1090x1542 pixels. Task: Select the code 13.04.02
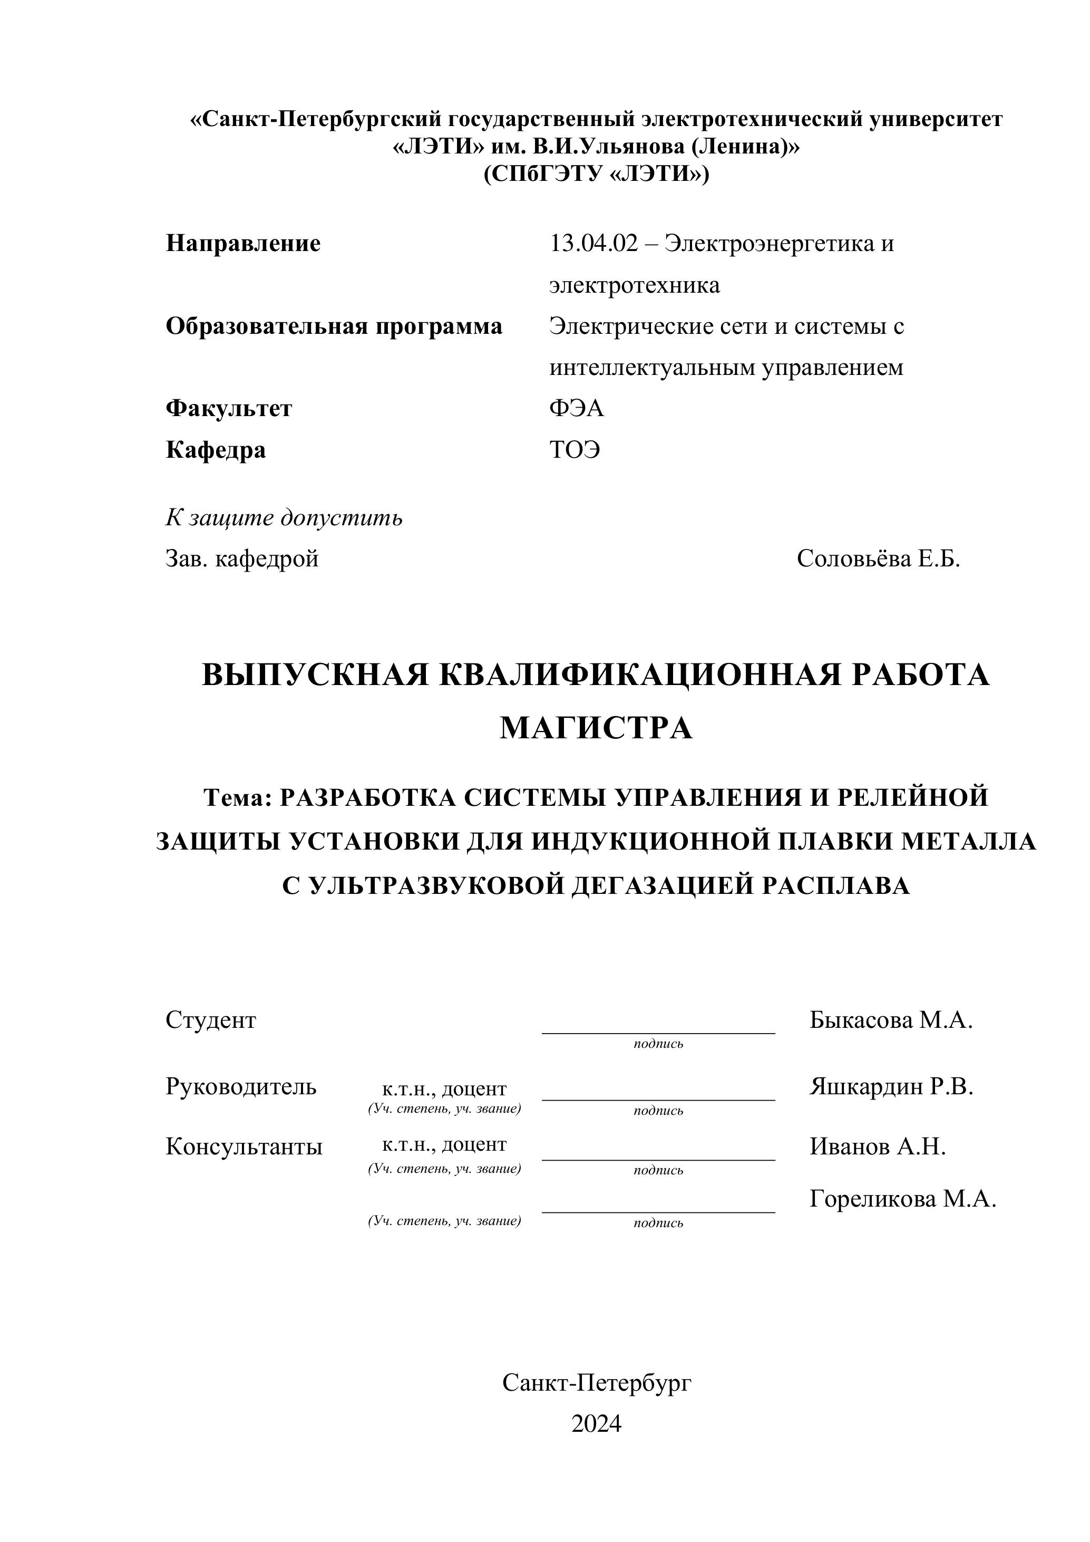coord(593,243)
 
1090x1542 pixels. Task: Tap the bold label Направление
coord(243,243)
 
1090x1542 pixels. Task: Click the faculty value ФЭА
coord(577,408)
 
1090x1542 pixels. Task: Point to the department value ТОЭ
coord(575,449)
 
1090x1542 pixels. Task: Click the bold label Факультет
coord(229,408)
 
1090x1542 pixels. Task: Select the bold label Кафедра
coord(216,449)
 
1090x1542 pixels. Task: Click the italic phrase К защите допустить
coord(284,518)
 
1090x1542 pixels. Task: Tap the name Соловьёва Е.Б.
coord(878,559)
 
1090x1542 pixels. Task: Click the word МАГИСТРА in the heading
coord(596,728)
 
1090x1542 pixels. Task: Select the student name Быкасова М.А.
coord(891,1020)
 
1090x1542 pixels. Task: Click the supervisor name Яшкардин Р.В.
coord(891,1086)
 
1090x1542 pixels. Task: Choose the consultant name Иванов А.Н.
coord(877,1146)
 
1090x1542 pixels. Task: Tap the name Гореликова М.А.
coord(903,1198)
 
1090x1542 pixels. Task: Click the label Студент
coord(211,1020)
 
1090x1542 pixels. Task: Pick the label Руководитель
coord(241,1086)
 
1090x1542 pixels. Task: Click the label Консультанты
coord(244,1146)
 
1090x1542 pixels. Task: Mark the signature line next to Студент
coord(658,1032)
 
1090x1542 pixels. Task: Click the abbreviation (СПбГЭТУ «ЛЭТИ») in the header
coord(596,174)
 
